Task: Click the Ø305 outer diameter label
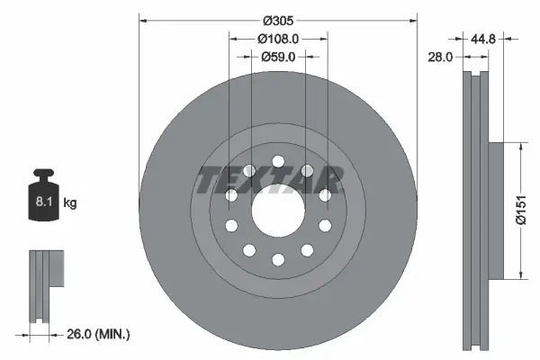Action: pos(278,20)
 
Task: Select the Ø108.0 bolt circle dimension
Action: pos(278,39)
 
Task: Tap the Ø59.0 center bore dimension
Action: pos(278,57)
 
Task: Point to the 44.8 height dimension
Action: pos(486,38)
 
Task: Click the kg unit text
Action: pos(70,203)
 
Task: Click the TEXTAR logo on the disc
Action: pos(270,180)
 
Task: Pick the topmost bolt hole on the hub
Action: pos(277,162)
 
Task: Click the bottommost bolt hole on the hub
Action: pos(277,260)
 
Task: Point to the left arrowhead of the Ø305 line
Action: pos(142,20)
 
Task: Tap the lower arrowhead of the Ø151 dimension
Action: pos(519,275)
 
